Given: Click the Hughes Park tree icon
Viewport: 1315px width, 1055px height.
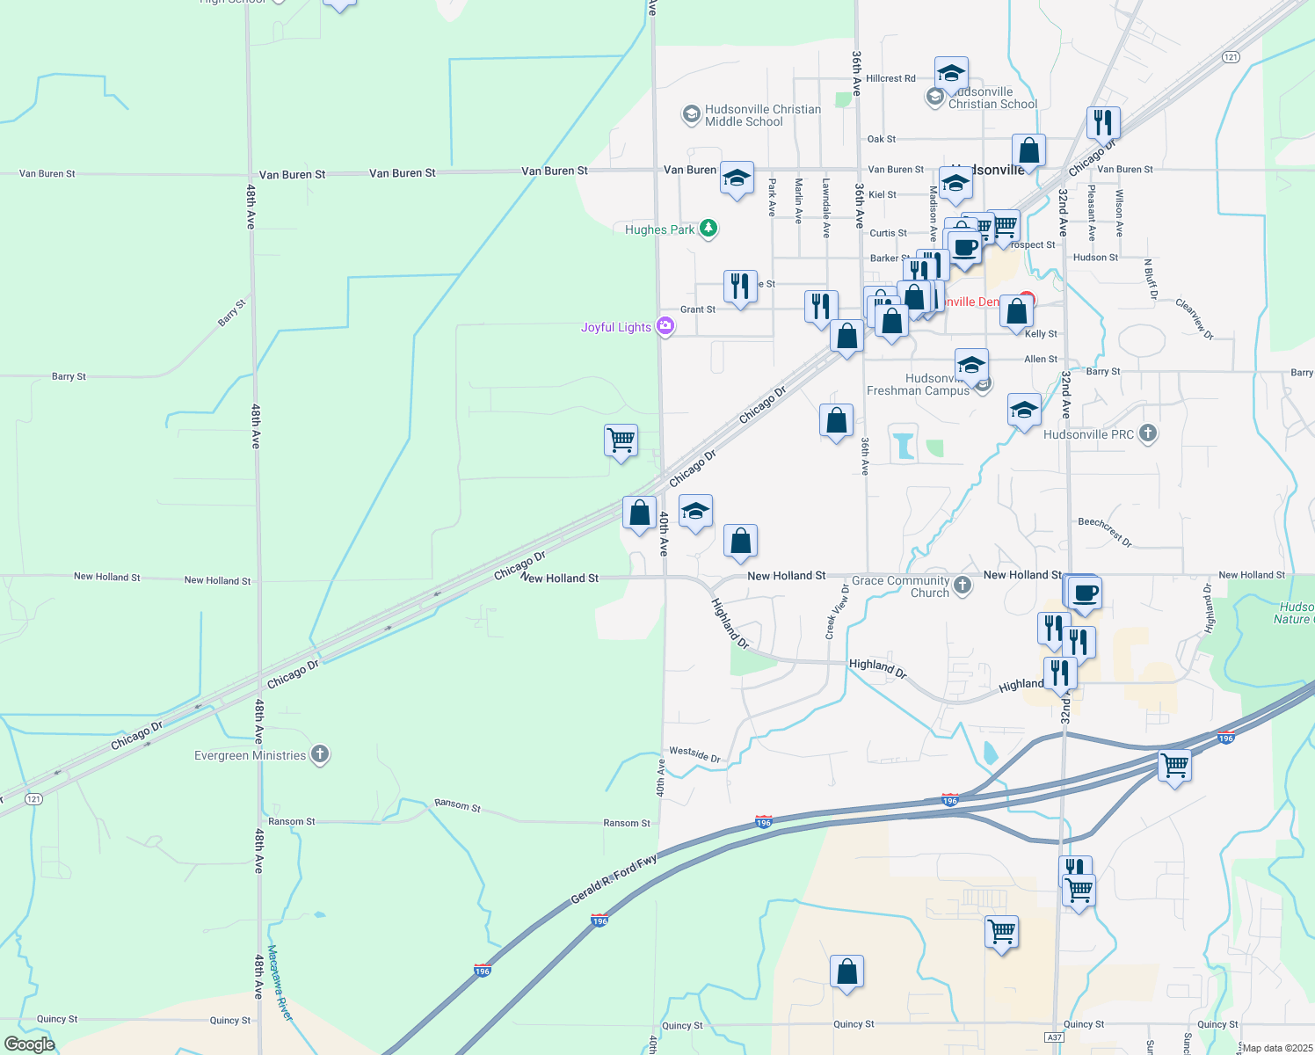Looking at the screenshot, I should (x=708, y=229).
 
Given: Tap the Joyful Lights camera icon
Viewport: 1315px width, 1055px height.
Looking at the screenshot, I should (x=665, y=327).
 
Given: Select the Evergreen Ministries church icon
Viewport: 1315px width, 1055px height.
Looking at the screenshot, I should (x=320, y=754).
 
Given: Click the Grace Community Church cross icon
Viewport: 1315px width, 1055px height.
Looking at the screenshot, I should (x=963, y=586).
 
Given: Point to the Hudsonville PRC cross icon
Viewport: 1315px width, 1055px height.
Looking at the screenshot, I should (x=1147, y=433).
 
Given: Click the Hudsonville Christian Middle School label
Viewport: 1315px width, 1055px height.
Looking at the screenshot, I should (x=762, y=115).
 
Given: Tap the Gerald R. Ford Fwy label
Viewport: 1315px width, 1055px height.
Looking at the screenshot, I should (x=614, y=879).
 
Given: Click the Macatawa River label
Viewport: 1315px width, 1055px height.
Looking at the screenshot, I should (x=280, y=983).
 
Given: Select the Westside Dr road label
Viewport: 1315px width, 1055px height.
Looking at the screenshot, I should (x=694, y=753).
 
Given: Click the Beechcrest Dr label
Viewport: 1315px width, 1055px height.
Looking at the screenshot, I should (x=1105, y=531).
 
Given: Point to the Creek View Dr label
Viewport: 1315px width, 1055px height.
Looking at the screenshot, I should (x=836, y=612).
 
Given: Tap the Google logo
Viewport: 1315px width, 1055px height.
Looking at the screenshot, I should (x=29, y=1044).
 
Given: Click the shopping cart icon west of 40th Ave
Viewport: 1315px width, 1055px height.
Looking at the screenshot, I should (x=621, y=439).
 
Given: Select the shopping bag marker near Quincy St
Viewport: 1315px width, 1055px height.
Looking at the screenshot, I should (x=846, y=971).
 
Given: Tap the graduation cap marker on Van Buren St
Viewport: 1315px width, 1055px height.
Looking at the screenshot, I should (x=736, y=178).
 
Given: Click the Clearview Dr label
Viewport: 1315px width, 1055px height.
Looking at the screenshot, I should (x=1195, y=318).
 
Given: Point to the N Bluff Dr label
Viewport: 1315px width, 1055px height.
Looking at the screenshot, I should (x=1150, y=279).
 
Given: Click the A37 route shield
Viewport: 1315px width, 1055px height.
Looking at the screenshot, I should (x=1055, y=1037).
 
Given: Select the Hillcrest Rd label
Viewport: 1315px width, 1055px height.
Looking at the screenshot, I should (x=890, y=78).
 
